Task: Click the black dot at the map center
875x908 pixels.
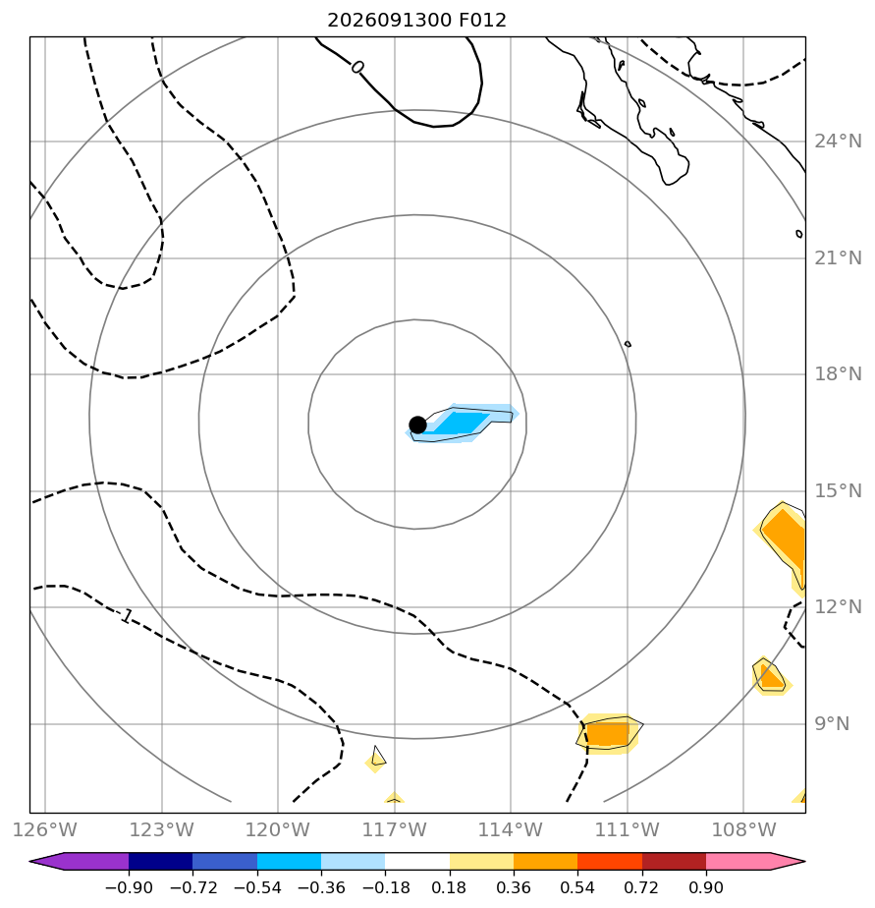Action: [417, 426]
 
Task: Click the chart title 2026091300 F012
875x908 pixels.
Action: [416, 21]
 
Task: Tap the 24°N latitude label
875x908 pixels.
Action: [838, 142]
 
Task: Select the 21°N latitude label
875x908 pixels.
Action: [838, 258]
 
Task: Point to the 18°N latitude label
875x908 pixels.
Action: [838, 374]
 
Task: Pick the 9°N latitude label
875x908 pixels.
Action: [832, 724]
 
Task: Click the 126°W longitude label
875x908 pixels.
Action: [45, 829]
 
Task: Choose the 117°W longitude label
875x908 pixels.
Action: [395, 829]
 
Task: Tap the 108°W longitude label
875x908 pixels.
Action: [743, 829]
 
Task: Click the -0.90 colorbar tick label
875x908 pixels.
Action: [129, 887]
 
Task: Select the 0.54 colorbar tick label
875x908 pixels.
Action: [577, 887]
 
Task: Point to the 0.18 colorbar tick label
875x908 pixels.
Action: [449, 887]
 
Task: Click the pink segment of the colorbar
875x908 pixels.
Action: [738, 862]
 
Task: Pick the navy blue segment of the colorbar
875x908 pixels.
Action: [160, 862]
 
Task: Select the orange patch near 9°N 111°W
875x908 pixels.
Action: [608, 734]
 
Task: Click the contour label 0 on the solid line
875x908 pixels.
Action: [357, 67]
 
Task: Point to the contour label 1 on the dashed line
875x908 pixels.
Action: [126, 616]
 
